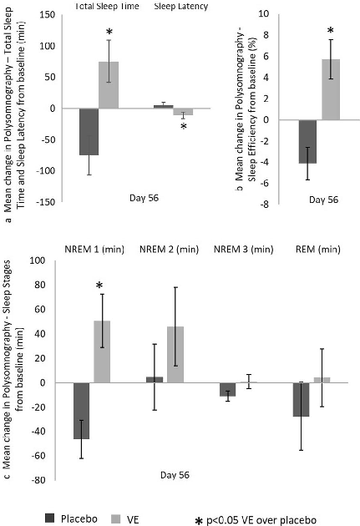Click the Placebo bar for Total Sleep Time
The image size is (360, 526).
coord(89,131)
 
